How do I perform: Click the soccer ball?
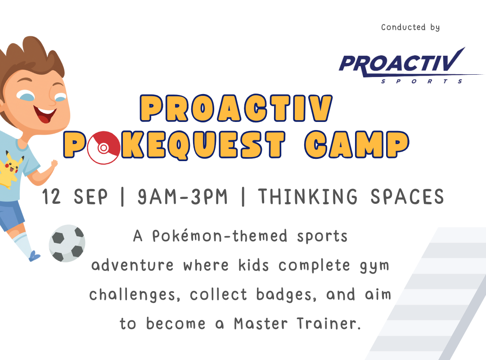click(67, 243)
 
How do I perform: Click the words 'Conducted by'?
click(410, 27)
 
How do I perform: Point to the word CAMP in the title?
click(356, 145)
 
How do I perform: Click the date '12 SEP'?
click(75, 197)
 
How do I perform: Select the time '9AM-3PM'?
click(182, 197)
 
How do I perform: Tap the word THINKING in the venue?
click(308, 197)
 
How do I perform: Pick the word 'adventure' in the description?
click(132, 265)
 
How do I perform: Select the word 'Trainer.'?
click(329, 324)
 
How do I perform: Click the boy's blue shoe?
click(34, 256)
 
